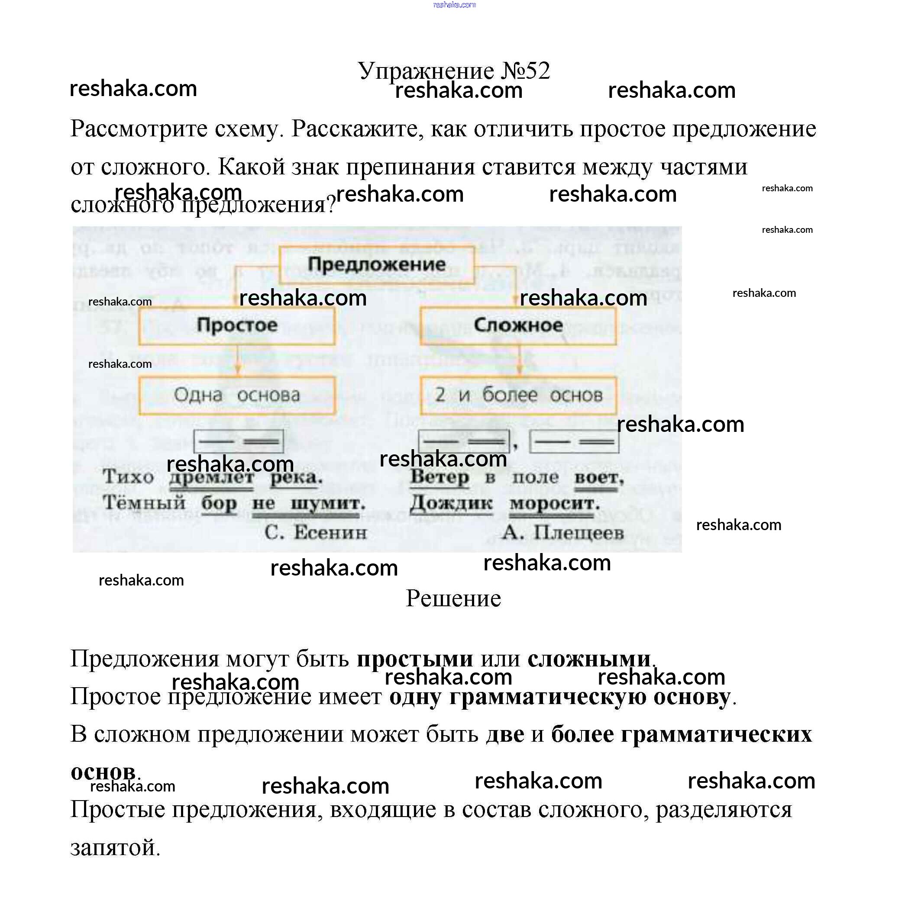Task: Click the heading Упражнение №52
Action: pos(453,71)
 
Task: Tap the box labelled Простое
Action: pos(236,325)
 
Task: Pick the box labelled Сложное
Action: pos(517,325)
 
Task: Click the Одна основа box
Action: pos(236,395)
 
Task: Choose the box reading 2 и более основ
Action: pos(518,395)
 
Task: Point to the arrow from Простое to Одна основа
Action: pos(237,360)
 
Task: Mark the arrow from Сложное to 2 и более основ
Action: pos(519,360)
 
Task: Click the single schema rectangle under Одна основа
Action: pos(238,441)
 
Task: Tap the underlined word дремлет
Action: pos(211,477)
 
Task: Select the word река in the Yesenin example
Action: pos(295,477)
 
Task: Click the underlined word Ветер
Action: pos(439,477)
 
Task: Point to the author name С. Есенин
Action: pos(315,532)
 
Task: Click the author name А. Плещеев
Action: pos(562,532)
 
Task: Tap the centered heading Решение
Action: pos(453,598)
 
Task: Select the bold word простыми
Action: pos(414,659)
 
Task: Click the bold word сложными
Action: pos(589,659)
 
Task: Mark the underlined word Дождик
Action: pos(451,503)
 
